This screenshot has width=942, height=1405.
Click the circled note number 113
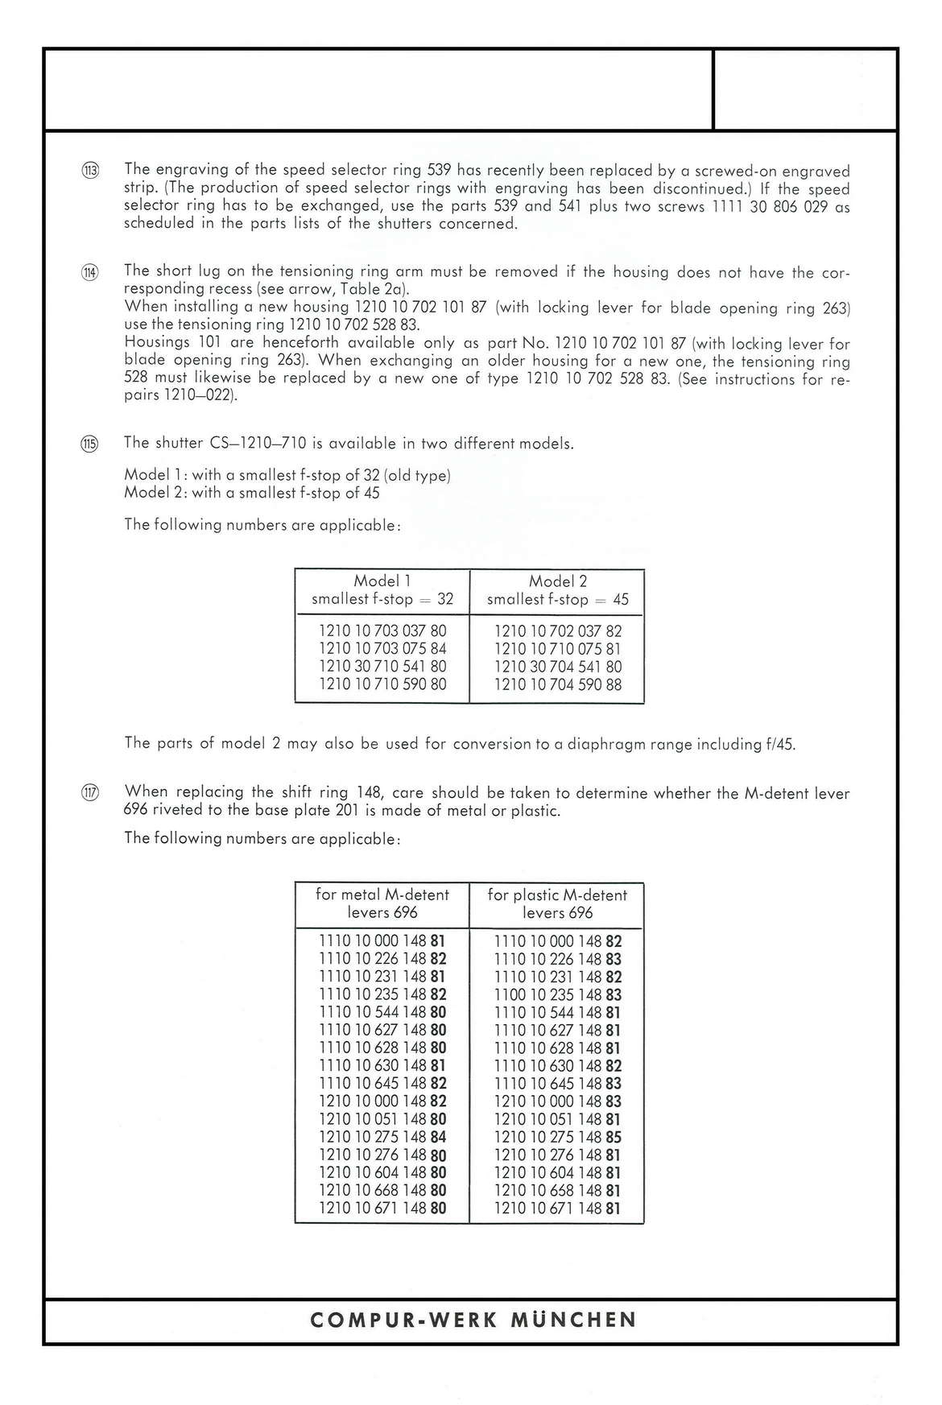(90, 170)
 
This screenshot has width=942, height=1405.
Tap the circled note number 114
(90, 272)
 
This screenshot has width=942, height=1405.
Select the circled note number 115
(90, 444)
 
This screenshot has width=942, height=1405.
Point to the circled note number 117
(90, 793)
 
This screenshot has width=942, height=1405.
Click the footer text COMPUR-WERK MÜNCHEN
(473, 1320)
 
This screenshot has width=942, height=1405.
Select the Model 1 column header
(382, 590)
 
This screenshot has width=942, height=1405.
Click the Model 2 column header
(557, 590)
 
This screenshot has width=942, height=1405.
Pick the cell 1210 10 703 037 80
(382, 630)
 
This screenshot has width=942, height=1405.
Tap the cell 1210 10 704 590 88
(557, 684)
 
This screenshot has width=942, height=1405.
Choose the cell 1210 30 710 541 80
(382, 667)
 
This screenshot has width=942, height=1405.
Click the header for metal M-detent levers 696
(382, 903)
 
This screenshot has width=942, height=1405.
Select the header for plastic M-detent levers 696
(557, 903)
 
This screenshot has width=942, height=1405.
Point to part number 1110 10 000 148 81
(382, 940)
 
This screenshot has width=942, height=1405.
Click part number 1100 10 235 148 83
(557, 994)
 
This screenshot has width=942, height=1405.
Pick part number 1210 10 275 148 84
(382, 1137)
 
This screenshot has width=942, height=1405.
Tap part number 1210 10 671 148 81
(557, 1209)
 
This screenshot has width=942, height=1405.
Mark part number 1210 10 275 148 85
(557, 1137)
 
